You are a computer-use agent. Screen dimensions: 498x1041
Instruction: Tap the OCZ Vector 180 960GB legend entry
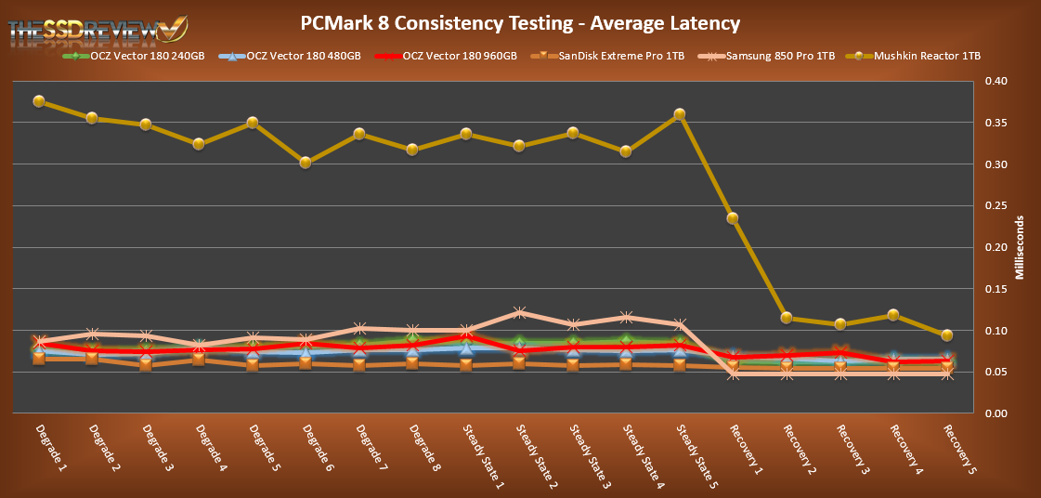pos(460,57)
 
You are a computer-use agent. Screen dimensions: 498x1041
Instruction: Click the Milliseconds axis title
pos(1020,248)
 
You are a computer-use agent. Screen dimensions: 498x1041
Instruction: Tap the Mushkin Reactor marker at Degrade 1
pos(39,101)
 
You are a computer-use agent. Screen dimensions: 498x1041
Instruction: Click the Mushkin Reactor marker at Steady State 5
pos(680,114)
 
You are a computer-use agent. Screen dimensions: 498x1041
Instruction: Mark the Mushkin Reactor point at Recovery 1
pos(733,218)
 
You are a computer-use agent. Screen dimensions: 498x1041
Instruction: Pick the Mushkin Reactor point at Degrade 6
pos(306,163)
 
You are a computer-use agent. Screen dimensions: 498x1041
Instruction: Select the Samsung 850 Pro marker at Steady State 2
pos(520,313)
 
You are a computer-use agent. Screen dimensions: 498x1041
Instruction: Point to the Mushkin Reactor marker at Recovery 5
pos(947,335)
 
